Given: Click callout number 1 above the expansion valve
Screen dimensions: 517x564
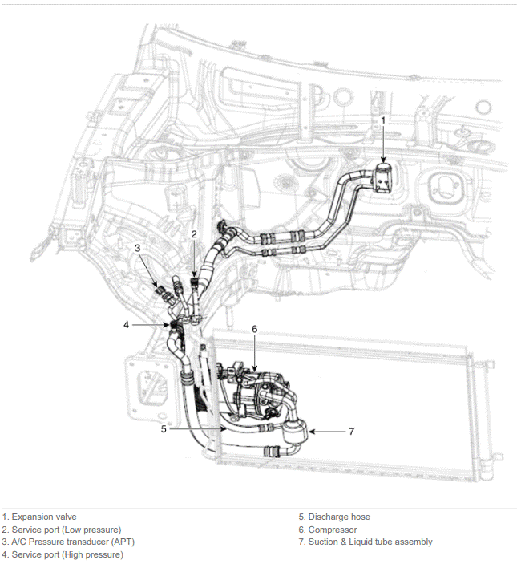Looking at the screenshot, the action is coord(383,120).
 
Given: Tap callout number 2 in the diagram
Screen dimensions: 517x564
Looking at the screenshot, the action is coord(194,234).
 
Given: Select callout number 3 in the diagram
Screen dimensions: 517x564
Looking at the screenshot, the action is coord(138,248).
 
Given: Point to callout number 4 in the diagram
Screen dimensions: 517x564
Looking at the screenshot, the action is coord(126,325).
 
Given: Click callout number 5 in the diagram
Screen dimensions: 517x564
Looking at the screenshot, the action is coord(164,428).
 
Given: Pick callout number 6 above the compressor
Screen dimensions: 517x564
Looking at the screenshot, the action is coord(254,329).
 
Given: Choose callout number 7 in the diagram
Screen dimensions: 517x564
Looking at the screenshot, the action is coord(352,431).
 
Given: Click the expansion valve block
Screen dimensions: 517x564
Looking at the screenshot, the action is coord(384,178).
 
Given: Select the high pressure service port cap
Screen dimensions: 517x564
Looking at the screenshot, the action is coord(173,325).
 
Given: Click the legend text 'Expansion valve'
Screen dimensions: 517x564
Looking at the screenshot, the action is coord(44,517).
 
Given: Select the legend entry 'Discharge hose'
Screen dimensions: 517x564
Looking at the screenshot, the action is coord(339,517).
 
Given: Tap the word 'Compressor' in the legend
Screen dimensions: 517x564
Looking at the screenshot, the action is coord(333,530).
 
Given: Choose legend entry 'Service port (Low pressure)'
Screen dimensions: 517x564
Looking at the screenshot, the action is coord(67,530).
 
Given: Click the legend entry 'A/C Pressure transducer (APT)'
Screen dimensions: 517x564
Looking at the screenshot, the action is coord(73,542).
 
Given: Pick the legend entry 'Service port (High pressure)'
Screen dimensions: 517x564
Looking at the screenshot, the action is coord(67,554).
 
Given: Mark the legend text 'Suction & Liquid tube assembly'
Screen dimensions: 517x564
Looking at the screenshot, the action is coord(370,542).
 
